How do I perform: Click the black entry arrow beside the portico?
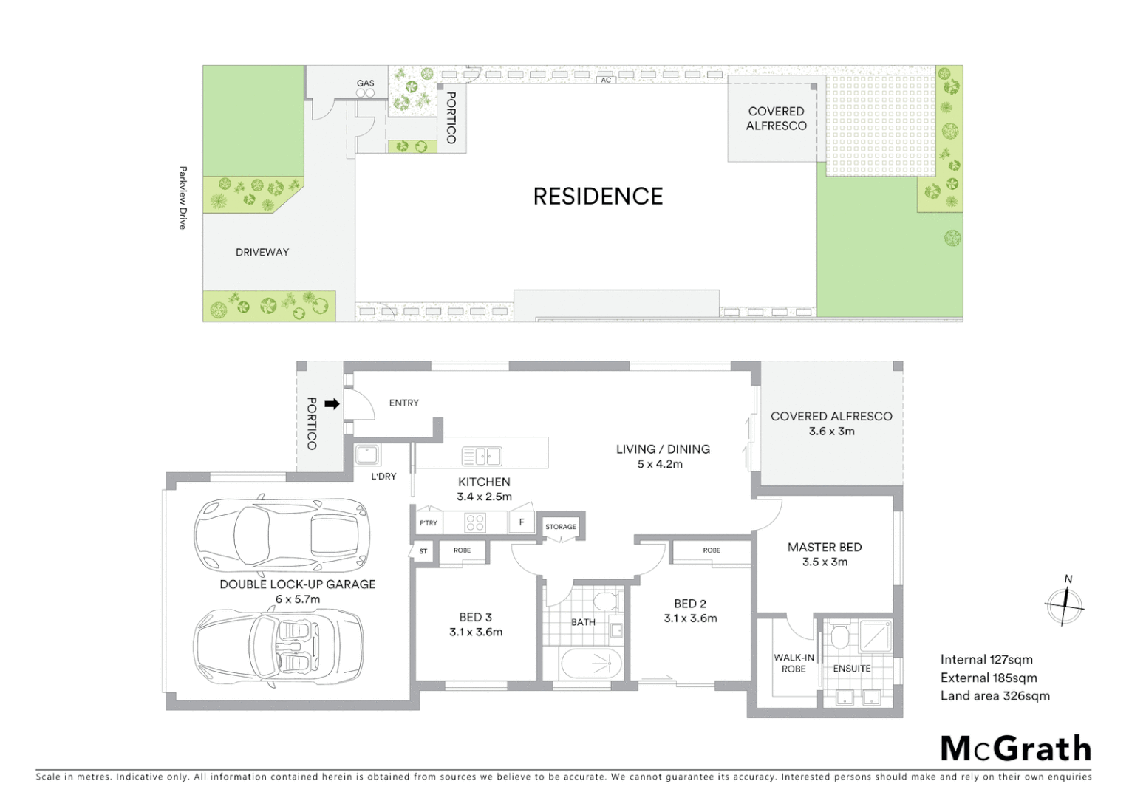[x=332, y=404]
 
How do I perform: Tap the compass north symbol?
[x=1065, y=605]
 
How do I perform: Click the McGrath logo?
[x=1015, y=748]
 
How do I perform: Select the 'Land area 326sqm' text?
[x=995, y=696]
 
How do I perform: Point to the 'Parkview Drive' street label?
[x=183, y=198]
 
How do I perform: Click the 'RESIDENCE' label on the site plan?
[x=598, y=197]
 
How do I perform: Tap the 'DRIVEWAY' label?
[x=262, y=253]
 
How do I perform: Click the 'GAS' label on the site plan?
[x=366, y=83]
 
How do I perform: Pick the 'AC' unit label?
[x=606, y=80]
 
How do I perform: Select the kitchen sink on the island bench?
[x=481, y=457]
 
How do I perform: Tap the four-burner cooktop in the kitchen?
[x=474, y=522]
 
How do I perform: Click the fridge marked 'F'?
[x=522, y=522]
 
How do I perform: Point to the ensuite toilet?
[x=839, y=636]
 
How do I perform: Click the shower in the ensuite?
[x=876, y=636]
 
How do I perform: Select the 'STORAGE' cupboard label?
[x=561, y=527]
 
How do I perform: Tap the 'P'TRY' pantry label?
[x=429, y=523]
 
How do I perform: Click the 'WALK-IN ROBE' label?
[x=794, y=664]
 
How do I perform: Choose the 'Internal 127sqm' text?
[x=986, y=660]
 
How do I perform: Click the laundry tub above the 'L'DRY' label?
[x=367, y=454]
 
